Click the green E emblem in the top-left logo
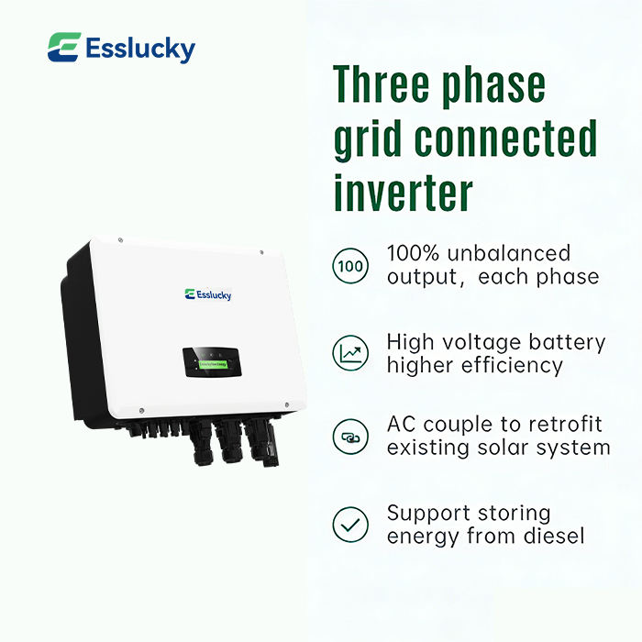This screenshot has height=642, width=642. point(63,48)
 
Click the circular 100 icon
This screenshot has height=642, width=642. point(349,266)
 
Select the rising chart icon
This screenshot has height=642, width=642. point(349,353)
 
